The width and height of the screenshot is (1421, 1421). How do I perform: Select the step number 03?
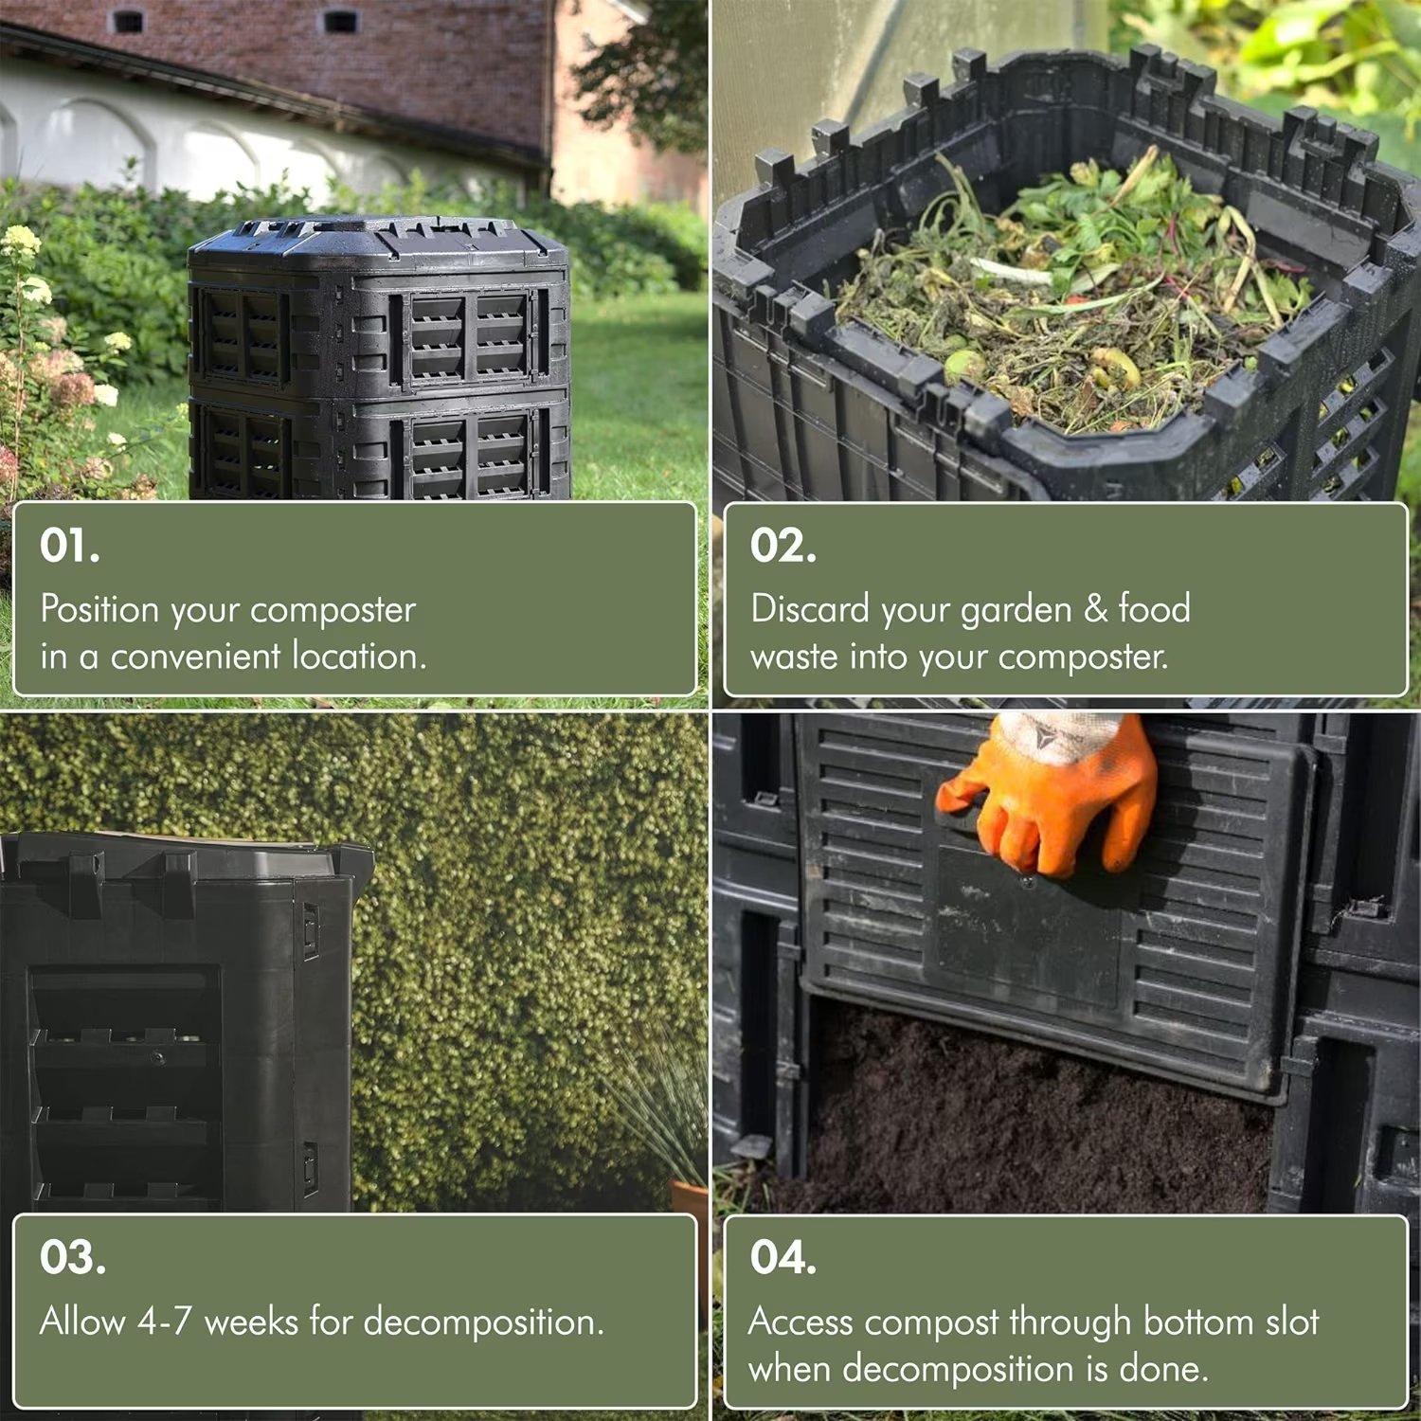point(72,1257)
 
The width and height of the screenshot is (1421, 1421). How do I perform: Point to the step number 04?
point(782,1257)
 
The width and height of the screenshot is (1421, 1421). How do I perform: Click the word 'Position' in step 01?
point(99,609)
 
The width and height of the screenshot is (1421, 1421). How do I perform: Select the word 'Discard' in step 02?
point(810,609)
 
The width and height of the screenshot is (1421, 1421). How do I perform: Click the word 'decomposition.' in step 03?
point(483,1322)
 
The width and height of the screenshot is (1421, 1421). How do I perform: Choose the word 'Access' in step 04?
point(800,1322)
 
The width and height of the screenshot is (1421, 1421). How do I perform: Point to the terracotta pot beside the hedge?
point(690,1198)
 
